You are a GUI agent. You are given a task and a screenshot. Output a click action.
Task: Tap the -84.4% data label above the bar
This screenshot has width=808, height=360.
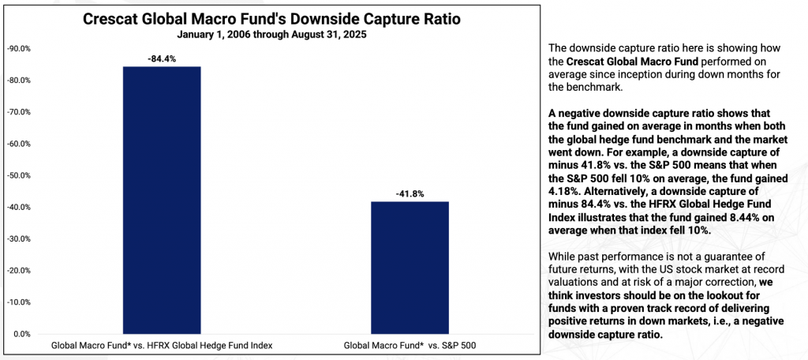tap(161, 57)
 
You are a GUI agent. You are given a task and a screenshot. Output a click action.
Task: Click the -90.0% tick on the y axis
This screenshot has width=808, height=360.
tap(18, 49)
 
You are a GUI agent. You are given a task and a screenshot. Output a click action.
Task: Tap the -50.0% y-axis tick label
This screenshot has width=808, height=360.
tap(18, 175)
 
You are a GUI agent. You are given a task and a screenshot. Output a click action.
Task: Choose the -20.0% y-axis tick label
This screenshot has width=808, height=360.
tap(18, 270)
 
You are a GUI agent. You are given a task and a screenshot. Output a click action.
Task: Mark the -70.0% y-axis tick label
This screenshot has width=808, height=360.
tap(18, 112)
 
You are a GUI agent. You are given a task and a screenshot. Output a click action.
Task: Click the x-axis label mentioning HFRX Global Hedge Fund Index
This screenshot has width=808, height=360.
tap(161, 346)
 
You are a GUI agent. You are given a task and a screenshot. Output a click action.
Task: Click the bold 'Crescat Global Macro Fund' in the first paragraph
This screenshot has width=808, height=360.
tap(627, 61)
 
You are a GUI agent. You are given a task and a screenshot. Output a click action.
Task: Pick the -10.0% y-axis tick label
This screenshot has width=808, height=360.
tap(18, 302)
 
